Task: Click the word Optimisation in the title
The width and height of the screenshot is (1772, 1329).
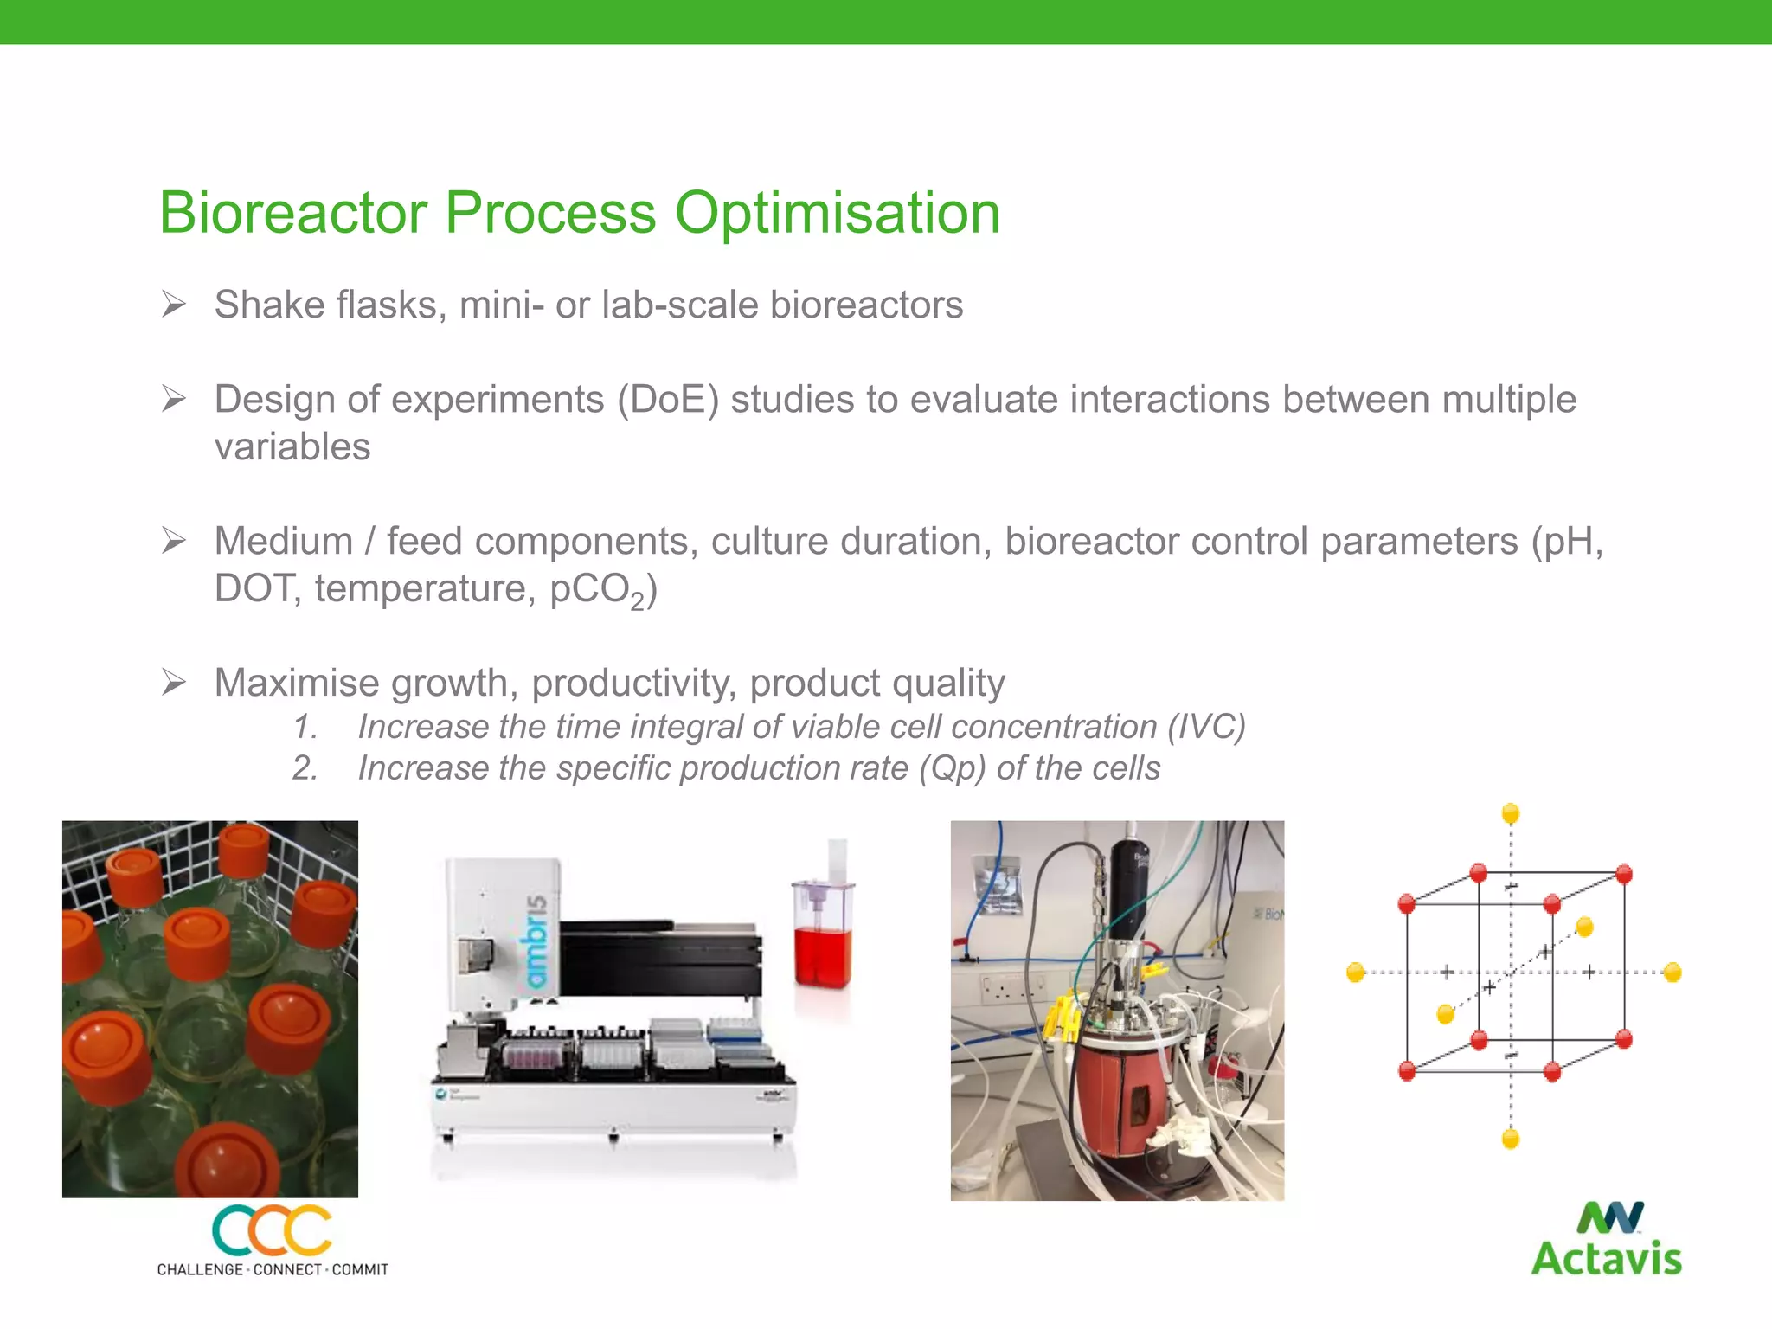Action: click(x=837, y=213)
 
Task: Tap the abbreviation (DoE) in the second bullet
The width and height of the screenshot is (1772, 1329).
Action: click(x=667, y=400)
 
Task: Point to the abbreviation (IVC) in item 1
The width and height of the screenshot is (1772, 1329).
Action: click(x=1206, y=727)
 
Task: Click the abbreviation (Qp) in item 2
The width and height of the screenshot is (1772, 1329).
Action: click(x=952, y=768)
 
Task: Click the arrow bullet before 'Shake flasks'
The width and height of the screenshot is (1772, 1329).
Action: click(x=174, y=305)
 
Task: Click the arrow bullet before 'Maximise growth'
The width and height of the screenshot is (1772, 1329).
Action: click(x=174, y=683)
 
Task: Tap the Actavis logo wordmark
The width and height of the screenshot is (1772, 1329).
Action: click(x=1606, y=1258)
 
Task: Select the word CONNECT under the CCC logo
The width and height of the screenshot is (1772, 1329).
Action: click(x=287, y=1269)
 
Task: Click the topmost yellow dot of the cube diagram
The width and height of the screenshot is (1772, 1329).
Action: click(x=1511, y=812)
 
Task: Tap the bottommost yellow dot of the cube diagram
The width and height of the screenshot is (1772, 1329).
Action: click(x=1511, y=1139)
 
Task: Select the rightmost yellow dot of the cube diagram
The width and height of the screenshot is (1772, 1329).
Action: click(x=1672, y=973)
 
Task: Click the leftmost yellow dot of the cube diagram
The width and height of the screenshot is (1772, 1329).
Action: click(x=1356, y=973)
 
